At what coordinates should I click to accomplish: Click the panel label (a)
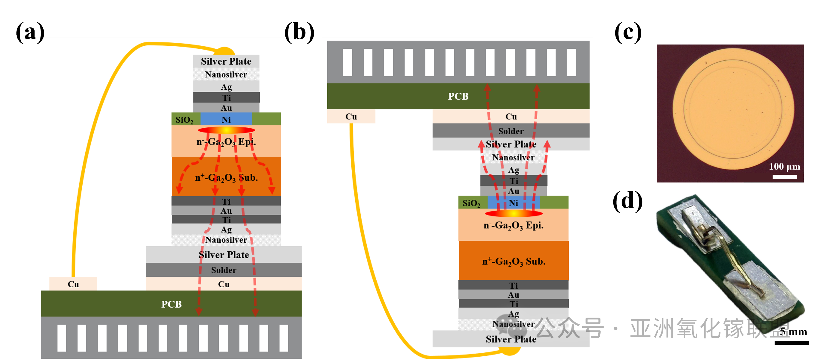pos(30,32)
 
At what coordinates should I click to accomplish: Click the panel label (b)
pos(299,32)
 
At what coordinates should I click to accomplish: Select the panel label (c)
pos(628,32)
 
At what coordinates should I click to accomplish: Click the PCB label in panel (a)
pos(171,304)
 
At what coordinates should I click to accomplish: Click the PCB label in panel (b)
pos(458,96)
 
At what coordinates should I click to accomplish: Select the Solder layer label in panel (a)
pos(224,270)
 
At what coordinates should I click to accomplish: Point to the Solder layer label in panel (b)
pos(510,131)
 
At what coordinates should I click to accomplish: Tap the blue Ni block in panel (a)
pos(226,119)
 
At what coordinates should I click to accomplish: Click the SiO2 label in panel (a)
pos(184,120)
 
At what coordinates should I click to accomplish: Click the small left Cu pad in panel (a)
pos(73,284)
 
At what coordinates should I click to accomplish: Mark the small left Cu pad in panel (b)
pos(351,117)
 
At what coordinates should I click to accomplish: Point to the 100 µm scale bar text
pos(784,167)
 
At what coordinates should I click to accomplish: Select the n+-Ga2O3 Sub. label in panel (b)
pos(514,262)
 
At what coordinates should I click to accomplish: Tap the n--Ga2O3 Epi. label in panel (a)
pos(226,142)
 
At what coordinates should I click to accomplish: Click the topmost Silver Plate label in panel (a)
pos(226,61)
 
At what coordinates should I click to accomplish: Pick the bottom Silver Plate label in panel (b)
pos(511,339)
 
